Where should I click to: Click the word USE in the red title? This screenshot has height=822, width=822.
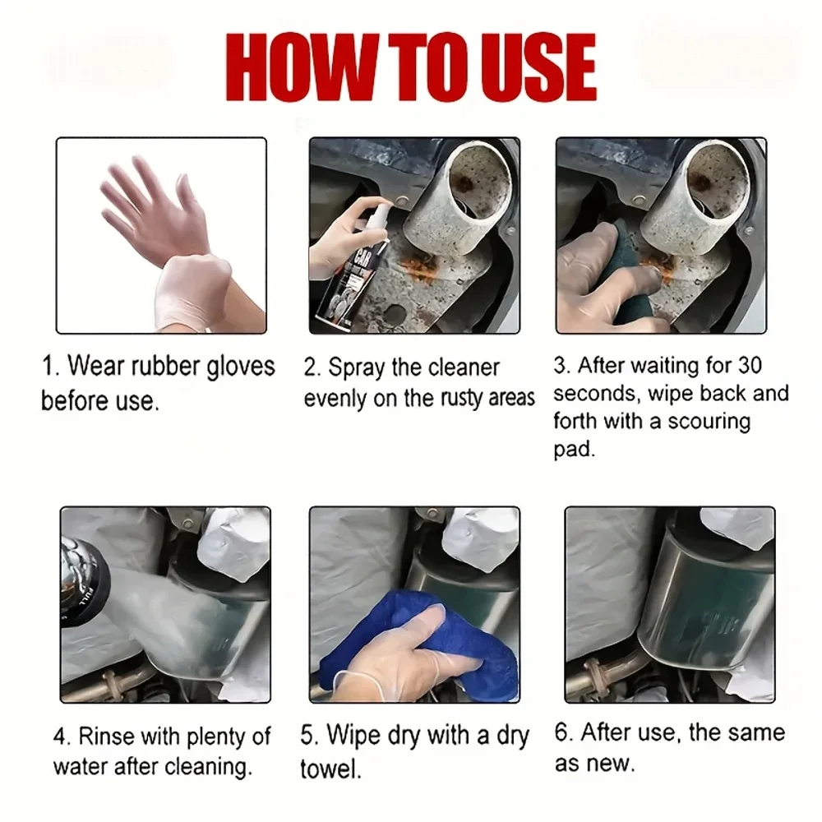point(542,67)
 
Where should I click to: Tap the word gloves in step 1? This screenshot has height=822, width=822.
point(241,367)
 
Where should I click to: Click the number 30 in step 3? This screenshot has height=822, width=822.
point(750,366)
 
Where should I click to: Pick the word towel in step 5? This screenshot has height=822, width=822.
point(330,769)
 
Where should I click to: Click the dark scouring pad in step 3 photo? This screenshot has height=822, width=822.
point(629,273)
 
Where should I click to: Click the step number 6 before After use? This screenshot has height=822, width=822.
point(561,732)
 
